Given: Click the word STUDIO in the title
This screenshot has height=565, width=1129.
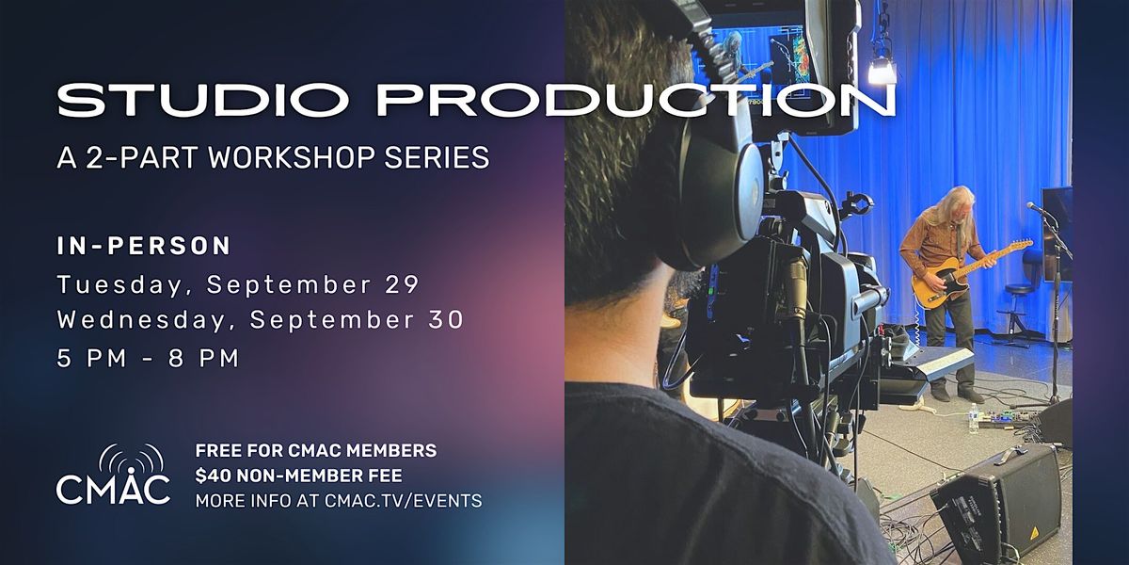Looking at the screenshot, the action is (202, 101).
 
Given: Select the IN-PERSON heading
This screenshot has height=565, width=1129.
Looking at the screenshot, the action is (144, 246).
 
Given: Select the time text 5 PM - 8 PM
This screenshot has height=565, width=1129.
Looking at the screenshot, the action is (148, 359).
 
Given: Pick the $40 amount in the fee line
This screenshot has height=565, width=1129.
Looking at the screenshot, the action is (214, 476).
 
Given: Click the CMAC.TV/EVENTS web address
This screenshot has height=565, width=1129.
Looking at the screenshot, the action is (404, 501).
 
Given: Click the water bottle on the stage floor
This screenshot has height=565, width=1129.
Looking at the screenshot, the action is (973, 419).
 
